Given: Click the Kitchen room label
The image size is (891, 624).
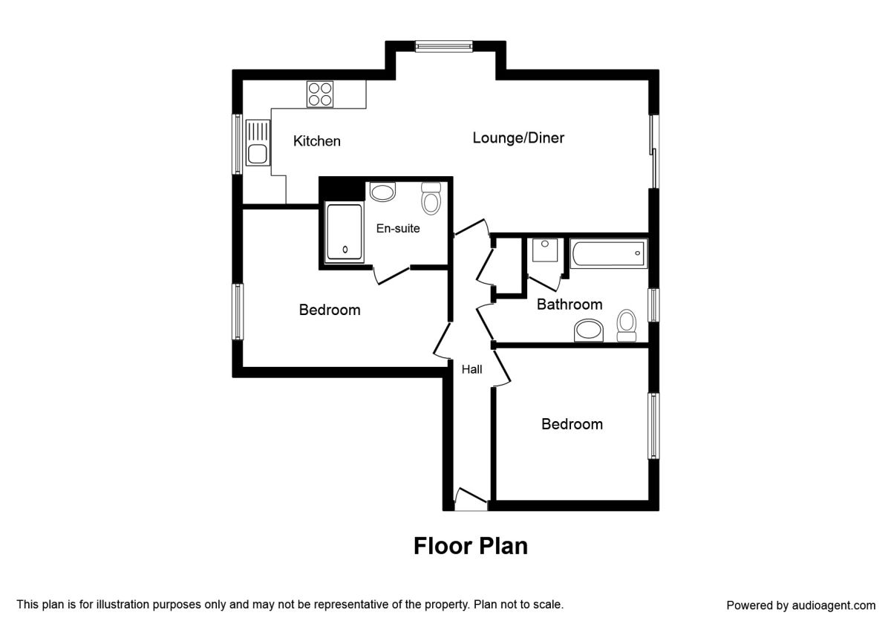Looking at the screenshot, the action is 316,141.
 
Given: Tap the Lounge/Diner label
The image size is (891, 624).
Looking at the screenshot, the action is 518,137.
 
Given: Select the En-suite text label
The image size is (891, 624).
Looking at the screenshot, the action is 398,228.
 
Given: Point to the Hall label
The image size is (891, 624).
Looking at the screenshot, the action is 471,369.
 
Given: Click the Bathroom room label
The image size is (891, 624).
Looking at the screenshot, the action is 569,305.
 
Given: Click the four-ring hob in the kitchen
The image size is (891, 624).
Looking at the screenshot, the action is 320,94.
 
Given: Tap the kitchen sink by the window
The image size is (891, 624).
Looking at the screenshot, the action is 258,143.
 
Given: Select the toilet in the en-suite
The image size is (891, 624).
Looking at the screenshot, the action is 431,198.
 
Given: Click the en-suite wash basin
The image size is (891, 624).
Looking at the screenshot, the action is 382,192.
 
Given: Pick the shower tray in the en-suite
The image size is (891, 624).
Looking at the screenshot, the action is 345,233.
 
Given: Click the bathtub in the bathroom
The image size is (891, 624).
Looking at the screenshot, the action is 609,253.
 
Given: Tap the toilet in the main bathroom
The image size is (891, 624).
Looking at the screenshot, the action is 627,325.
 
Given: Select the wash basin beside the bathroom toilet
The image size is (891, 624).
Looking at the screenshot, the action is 589,331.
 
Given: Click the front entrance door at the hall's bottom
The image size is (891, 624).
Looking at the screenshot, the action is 471,499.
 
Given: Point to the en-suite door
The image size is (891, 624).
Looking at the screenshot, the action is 391,275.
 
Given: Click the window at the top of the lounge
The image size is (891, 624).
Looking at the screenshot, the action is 444,46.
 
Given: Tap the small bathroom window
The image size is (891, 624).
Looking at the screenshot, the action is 653,305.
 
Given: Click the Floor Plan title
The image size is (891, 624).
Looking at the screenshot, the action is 471,545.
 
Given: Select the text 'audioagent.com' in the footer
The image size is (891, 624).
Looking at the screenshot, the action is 834,605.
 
